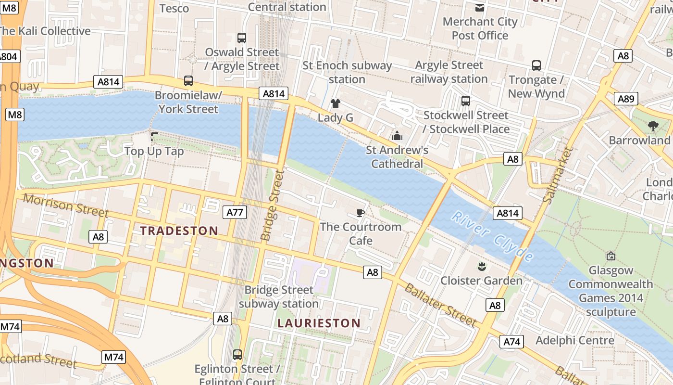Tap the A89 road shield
[626, 99]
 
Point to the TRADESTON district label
[179, 231]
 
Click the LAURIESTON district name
[319, 323]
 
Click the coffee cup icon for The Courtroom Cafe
[361, 213]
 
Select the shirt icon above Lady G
[336, 103]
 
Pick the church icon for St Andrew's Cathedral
[397, 136]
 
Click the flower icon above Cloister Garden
[481, 266]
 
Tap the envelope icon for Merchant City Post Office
[479, 7]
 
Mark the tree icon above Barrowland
[653, 126]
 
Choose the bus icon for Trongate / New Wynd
[536, 65]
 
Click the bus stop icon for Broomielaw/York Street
[188, 81]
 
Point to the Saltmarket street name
[558, 175]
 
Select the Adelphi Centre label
[575, 340]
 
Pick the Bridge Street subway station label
[279, 296]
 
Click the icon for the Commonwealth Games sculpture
[611, 256]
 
